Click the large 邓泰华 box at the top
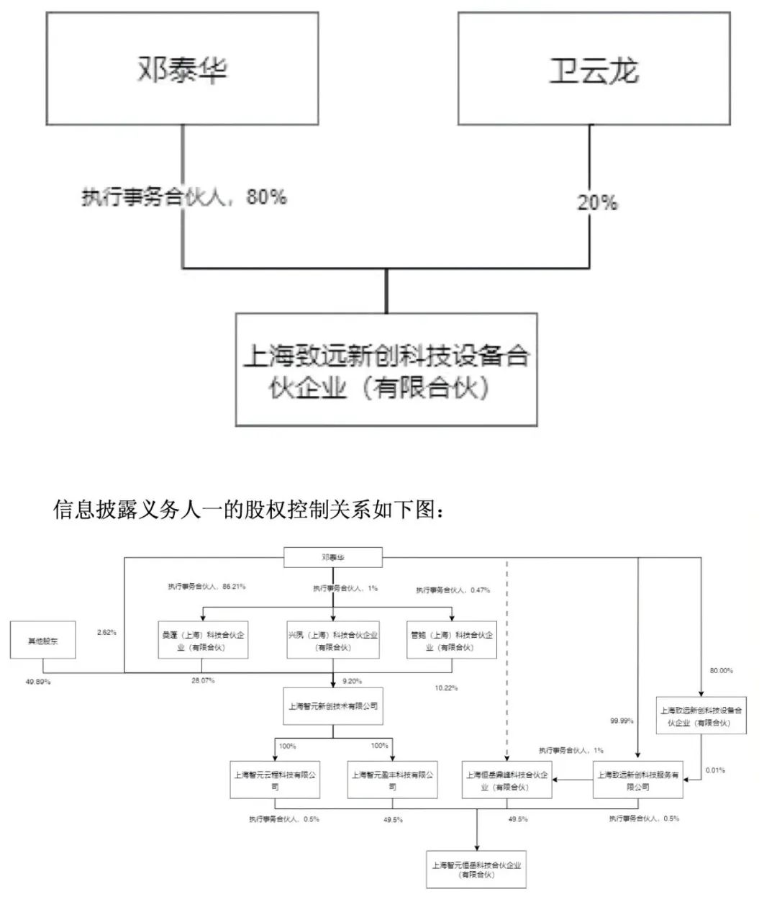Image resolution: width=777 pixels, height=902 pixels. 182,69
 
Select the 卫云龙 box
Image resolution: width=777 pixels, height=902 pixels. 594,69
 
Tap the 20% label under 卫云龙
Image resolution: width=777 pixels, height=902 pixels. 597,203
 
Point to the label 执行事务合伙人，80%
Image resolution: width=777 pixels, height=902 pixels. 184,197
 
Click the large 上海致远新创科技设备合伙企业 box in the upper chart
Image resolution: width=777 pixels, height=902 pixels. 386,370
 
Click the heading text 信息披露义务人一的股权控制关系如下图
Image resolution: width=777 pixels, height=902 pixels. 253,510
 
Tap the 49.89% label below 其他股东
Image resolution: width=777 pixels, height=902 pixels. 37,681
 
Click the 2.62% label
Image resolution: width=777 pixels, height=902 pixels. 106,633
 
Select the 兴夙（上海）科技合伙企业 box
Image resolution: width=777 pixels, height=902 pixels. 333,641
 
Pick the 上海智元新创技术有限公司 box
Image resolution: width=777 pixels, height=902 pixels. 333,706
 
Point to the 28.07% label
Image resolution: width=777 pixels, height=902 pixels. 203,680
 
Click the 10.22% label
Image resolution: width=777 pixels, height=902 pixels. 446,688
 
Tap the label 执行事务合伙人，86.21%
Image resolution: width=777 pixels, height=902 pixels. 206,587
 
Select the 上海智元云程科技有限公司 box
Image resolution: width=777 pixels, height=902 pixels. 274,780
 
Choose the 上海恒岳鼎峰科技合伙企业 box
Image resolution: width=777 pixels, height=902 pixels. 506,780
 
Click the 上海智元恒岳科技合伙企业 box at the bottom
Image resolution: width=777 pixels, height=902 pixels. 476,870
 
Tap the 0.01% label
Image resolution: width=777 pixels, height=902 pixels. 715,770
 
